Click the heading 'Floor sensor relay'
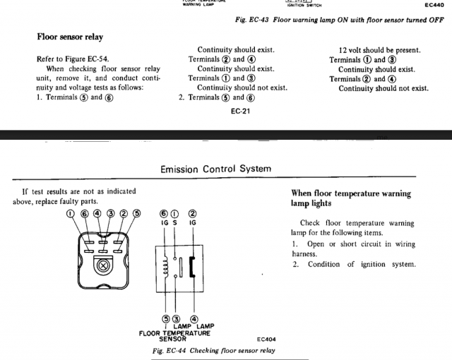click(x=73, y=36)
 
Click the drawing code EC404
click(x=266, y=338)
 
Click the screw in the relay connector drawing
click(x=104, y=267)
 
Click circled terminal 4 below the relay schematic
click(x=195, y=319)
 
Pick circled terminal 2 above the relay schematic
click(x=192, y=213)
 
